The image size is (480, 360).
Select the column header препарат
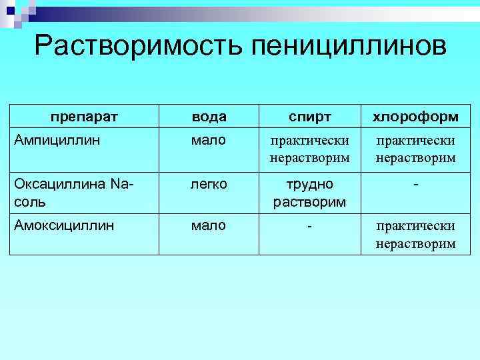click(84, 117)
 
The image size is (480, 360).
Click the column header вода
click(209, 117)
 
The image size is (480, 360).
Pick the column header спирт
click(309, 117)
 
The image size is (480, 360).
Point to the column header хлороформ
click(415, 117)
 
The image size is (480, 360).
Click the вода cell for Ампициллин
click(209, 140)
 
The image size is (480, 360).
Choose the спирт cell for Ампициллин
click(309, 149)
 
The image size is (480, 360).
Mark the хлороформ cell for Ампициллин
click(415, 149)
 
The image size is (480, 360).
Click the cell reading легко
click(209, 183)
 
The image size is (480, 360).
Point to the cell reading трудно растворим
click(309, 192)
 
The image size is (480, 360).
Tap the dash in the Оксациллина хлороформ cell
click(416, 183)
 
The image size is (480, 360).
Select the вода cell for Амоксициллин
click(209, 225)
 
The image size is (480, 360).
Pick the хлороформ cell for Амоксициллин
click(415, 235)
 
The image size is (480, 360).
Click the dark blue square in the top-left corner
click(8, 7)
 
